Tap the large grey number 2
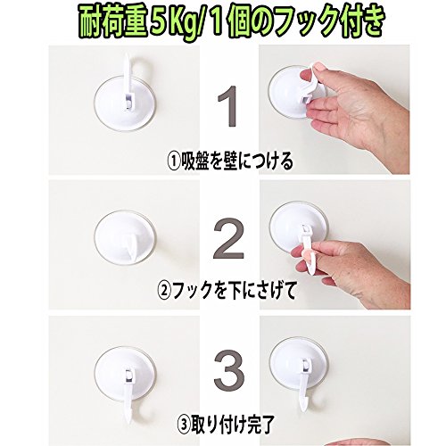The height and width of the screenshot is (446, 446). click(x=229, y=239)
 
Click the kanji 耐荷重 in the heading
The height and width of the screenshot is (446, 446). click(x=113, y=25)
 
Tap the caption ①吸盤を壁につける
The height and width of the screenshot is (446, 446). click(x=230, y=161)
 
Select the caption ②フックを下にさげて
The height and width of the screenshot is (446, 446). click(x=227, y=290)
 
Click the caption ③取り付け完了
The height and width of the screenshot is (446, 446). click(x=225, y=425)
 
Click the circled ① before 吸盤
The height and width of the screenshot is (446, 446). click(x=174, y=161)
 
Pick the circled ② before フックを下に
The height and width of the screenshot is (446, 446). click(x=163, y=291)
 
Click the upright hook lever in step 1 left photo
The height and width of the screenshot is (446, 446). click(x=128, y=82)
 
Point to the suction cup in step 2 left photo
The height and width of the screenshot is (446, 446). click(x=125, y=237)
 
